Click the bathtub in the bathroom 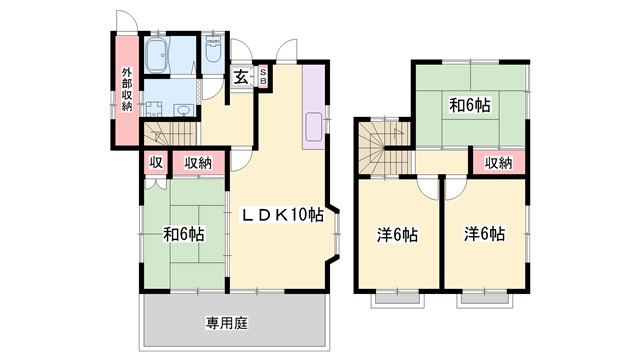tap(159, 57)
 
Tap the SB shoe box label tap(263, 77)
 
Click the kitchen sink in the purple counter tap(312, 127)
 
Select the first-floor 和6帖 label tap(184, 235)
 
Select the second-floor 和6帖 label tap(468, 104)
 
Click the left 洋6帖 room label tap(398, 235)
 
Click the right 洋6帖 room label tap(484, 235)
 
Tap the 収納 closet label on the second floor tap(498, 162)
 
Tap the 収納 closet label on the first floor tap(197, 162)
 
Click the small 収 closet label tap(155, 162)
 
